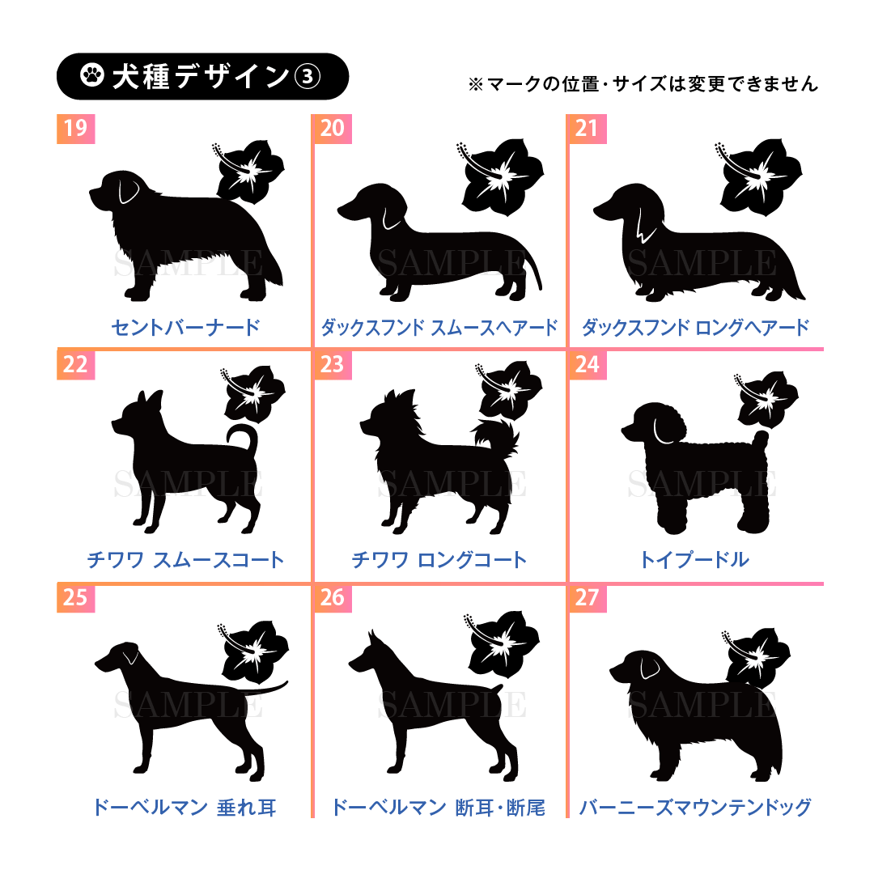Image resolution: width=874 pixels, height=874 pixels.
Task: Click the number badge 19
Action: pyautogui.click(x=76, y=129)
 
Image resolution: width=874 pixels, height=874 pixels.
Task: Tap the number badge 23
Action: pyautogui.click(x=333, y=364)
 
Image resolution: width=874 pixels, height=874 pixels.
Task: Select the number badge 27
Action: pyautogui.click(x=588, y=597)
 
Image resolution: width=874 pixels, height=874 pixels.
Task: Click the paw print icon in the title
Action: pyautogui.click(x=92, y=75)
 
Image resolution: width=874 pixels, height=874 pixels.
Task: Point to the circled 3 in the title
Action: pyautogui.click(x=308, y=76)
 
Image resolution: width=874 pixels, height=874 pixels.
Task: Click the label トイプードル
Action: pyautogui.click(x=694, y=560)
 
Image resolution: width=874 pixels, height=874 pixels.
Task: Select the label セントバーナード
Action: pyautogui.click(x=185, y=327)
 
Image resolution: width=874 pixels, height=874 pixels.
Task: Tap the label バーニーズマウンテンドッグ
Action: pyautogui.click(x=695, y=807)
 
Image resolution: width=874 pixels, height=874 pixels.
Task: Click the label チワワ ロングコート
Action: pyautogui.click(x=439, y=560)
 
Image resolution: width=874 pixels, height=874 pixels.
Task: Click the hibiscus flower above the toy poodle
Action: pyautogui.click(x=766, y=398)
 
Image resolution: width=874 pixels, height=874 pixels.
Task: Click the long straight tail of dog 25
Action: pyautogui.click(x=262, y=689)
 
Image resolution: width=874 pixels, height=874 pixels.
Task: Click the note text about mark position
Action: pyautogui.click(x=643, y=84)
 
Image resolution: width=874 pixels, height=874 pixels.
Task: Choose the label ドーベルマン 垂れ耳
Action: pyautogui.click(x=184, y=807)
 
